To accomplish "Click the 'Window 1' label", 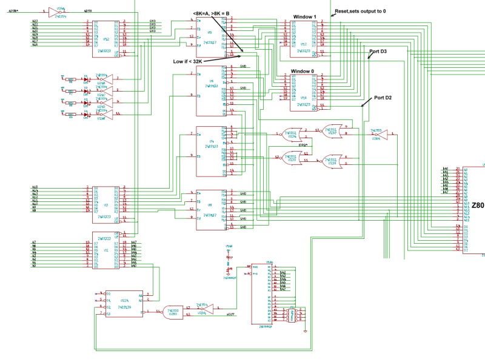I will pos(305,16).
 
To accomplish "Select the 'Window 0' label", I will pos(303,71).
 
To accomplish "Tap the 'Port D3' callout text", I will pos(378,52).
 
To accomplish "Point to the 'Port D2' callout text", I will pos(383,97).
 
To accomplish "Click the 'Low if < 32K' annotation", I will pos(186,61).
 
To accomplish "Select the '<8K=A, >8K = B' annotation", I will pos(215,13).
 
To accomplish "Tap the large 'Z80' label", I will pos(478,206).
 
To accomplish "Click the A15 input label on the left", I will pos(35,187).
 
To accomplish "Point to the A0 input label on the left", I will pos(34,266).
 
